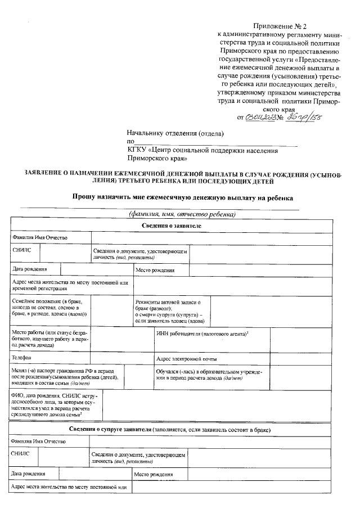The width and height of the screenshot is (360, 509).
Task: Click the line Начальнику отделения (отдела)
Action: (x=175, y=133)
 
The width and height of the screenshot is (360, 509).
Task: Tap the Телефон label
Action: (x=21, y=358)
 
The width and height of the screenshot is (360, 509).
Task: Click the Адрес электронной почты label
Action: (x=186, y=358)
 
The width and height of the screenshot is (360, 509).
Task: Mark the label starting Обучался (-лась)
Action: (x=204, y=375)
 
